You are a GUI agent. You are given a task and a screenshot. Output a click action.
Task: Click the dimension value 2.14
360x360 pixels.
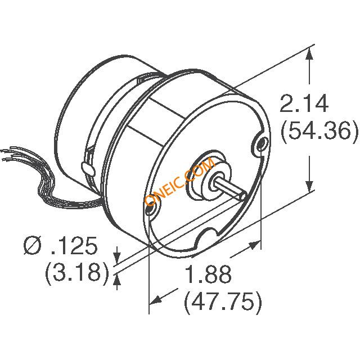304,105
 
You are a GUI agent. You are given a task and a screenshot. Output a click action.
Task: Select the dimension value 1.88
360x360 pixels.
208,276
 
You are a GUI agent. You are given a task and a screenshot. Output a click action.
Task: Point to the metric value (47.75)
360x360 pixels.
223,303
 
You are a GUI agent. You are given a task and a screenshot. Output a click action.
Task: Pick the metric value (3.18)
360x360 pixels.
76,272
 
